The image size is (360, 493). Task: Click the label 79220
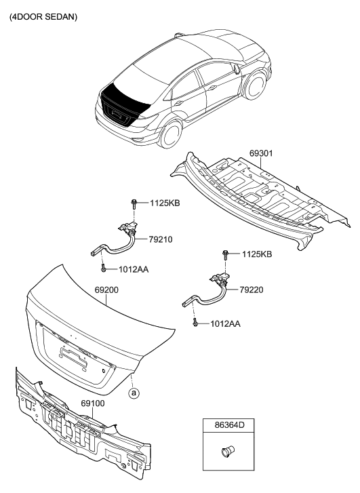[x=252, y=290]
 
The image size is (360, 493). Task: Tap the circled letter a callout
[x=134, y=392]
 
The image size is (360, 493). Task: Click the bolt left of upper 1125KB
[x=135, y=202]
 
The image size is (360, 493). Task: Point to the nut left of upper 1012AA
[x=103, y=270]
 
